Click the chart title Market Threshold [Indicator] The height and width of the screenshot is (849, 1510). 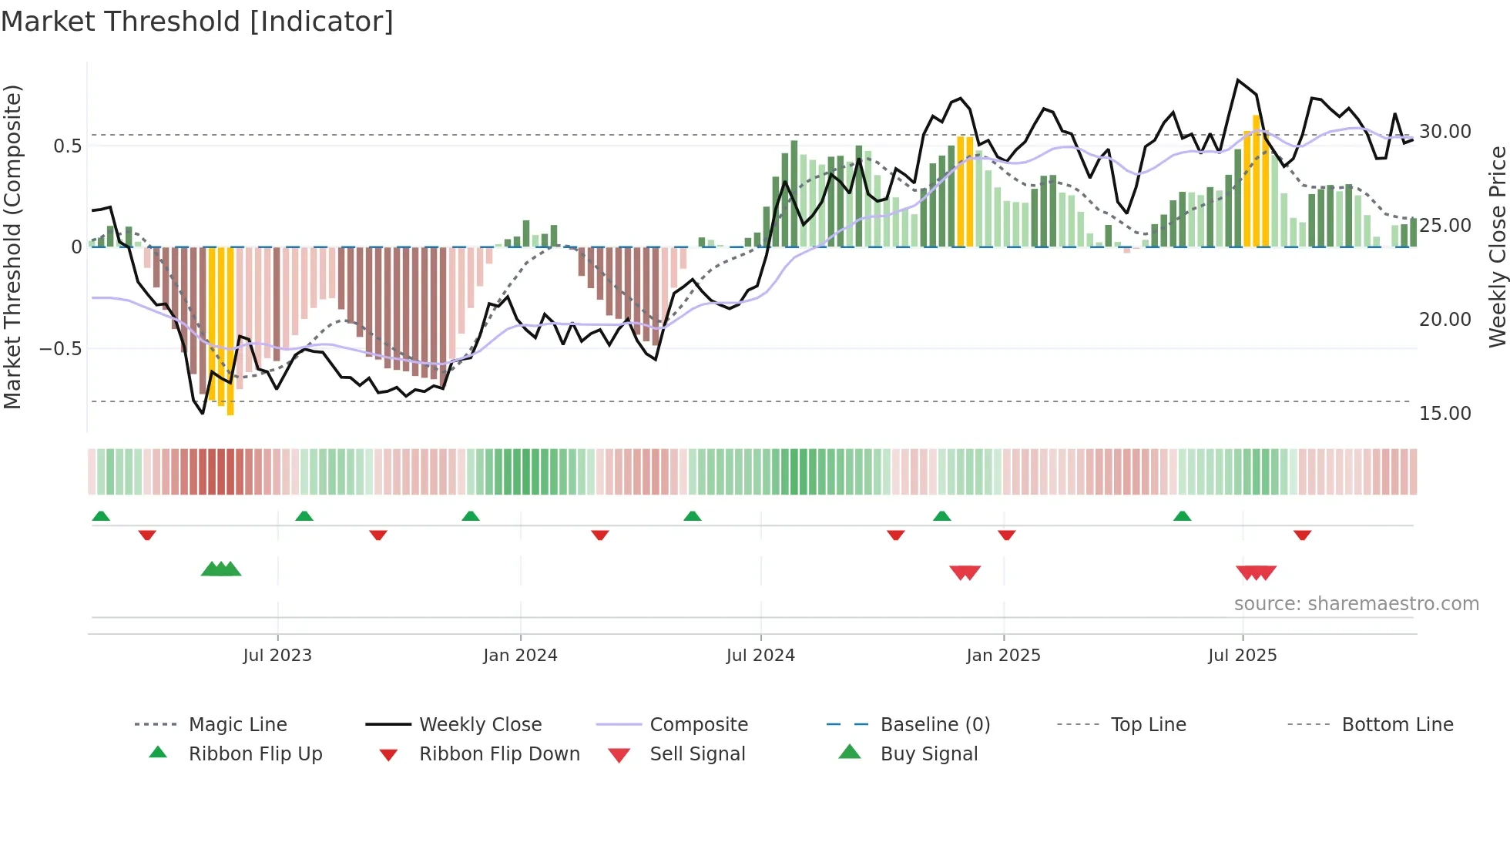pyautogui.click(x=197, y=22)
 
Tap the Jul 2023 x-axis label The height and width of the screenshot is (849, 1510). pyautogui.click(x=277, y=656)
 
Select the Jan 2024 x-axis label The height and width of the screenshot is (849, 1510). pyautogui.click(x=520, y=656)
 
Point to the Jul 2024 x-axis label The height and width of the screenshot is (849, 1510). pyautogui.click(x=760, y=656)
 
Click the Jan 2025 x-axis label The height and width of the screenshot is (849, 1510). pyautogui.click(x=1003, y=656)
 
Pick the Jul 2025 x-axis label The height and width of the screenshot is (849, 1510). pyautogui.click(x=1242, y=656)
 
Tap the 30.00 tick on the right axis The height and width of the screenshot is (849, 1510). pyautogui.click(x=1445, y=132)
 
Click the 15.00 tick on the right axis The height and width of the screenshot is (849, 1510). pyautogui.click(x=1445, y=414)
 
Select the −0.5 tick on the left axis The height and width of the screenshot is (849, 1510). pyautogui.click(x=61, y=349)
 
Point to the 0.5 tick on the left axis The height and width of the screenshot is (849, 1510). pyautogui.click(x=68, y=146)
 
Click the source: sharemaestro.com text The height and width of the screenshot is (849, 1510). pyautogui.click(x=1356, y=604)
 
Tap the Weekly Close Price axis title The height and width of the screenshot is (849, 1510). pyautogui.click(x=1497, y=247)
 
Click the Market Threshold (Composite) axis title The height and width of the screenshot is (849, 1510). pyautogui.click(x=12, y=247)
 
